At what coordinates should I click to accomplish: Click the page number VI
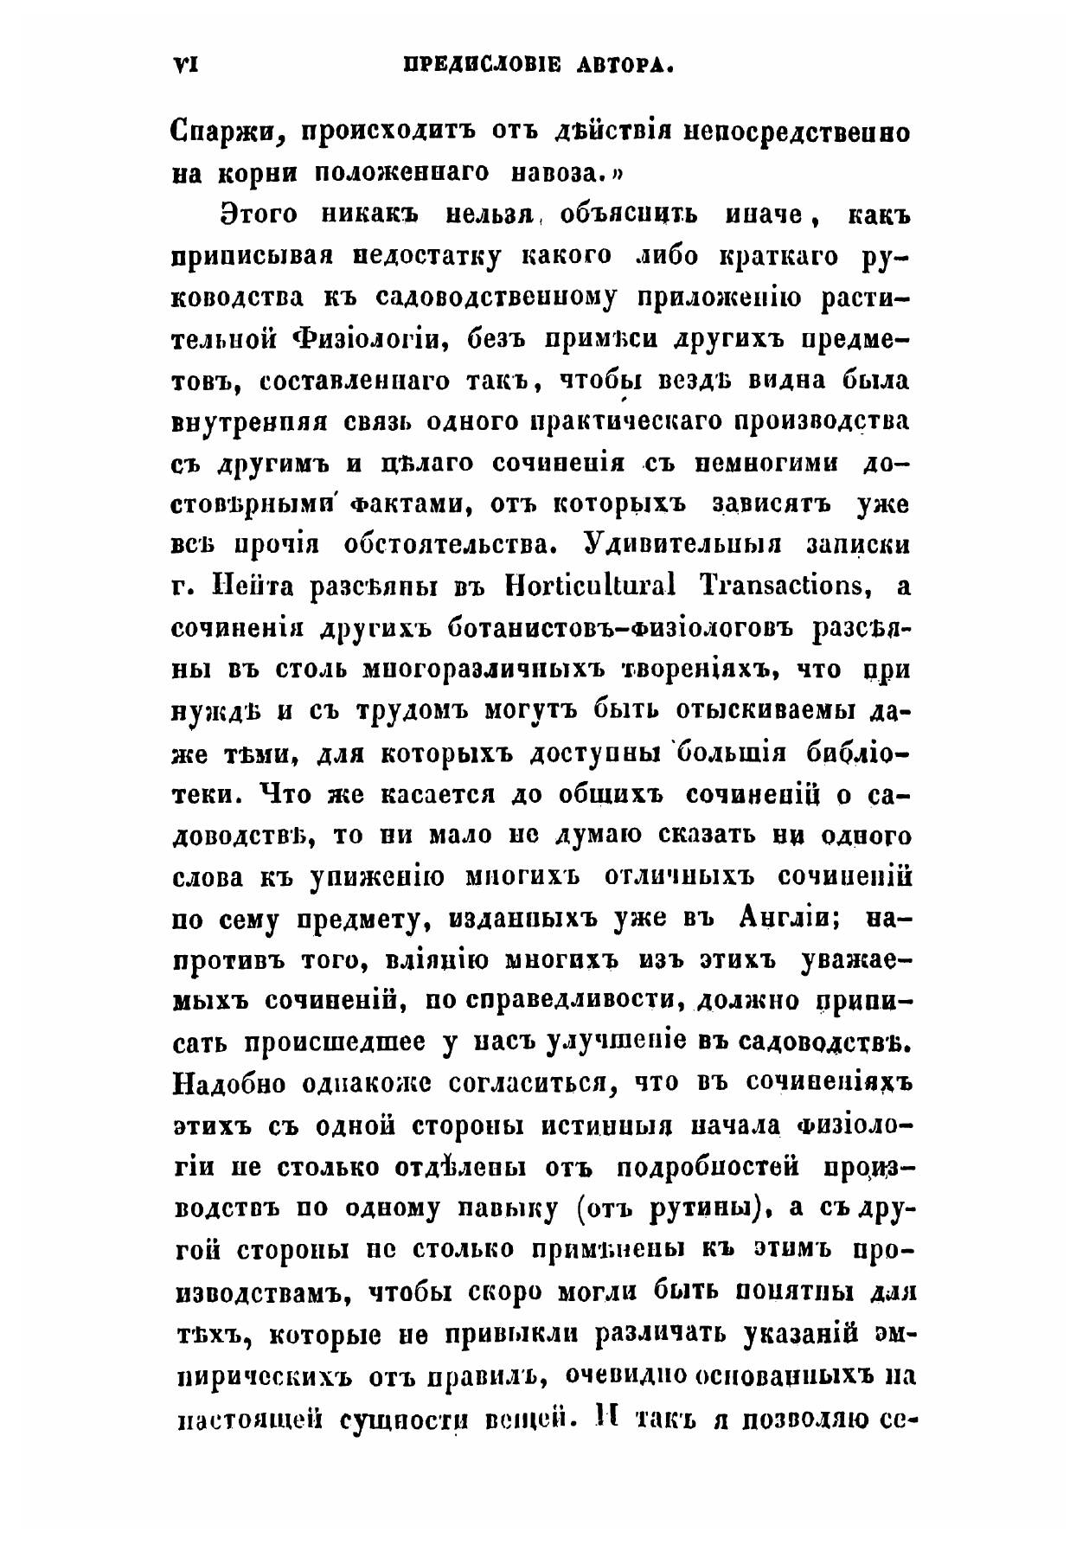pos(187,65)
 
